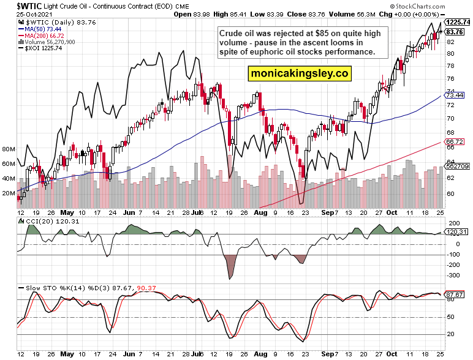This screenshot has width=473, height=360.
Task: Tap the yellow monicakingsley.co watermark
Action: point(299,73)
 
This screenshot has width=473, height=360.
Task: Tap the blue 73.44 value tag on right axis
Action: point(454,96)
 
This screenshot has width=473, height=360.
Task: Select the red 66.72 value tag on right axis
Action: point(454,141)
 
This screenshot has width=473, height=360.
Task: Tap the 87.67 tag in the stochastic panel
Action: point(454,294)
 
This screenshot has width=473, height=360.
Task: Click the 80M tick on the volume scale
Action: point(9,149)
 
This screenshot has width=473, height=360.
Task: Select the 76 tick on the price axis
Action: point(450,79)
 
